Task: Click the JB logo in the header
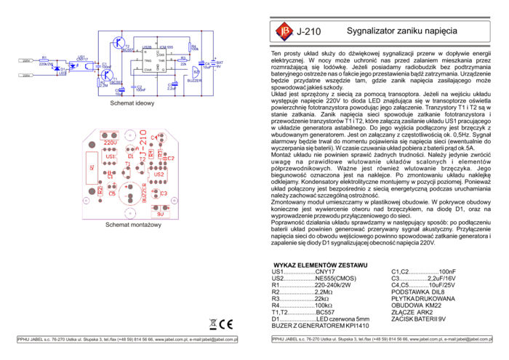[284, 31]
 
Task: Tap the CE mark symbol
[226, 324]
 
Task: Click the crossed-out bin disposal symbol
[213, 324]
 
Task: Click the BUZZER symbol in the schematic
[196, 72]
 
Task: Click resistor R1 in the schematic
[44, 60]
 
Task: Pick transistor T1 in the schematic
[108, 73]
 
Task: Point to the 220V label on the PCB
[111, 143]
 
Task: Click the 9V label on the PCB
[161, 215]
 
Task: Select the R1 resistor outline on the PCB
[91, 167]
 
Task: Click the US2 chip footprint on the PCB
[159, 175]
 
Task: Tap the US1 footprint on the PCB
[111, 157]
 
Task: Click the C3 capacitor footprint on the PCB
[163, 193]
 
